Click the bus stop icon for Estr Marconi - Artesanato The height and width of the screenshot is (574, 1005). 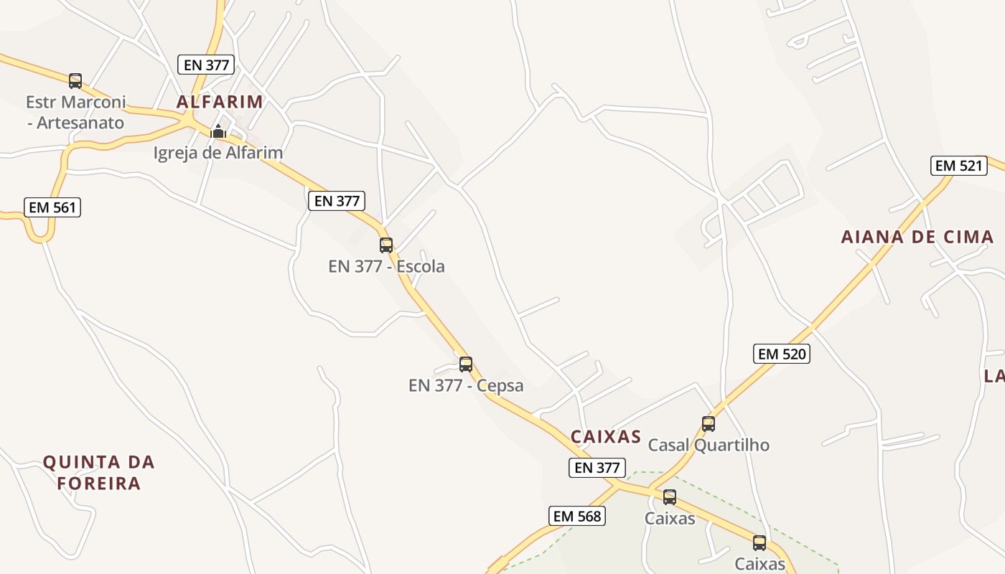(75, 81)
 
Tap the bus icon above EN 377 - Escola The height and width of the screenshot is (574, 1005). (386, 245)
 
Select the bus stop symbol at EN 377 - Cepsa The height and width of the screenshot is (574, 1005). (466, 364)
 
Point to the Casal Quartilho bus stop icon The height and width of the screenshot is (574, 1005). (709, 424)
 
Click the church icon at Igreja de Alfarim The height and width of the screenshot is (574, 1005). (218, 132)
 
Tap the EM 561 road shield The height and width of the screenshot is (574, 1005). (52, 208)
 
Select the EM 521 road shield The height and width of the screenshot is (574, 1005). (958, 166)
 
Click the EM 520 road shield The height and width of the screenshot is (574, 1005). (782, 354)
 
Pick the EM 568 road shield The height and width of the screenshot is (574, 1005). (578, 516)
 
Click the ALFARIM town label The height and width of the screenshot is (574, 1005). (220, 102)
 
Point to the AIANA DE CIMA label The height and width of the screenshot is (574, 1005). (917, 237)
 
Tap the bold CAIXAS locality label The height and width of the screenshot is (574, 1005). (606, 437)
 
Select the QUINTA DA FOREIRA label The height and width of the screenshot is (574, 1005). (99, 472)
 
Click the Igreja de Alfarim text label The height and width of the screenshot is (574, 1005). (218, 153)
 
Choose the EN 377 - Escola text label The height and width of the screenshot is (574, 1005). (386, 267)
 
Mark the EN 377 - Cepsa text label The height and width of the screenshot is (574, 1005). (466, 386)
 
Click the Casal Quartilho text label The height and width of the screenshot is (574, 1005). (709, 446)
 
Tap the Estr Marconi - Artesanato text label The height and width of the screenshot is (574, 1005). (75, 112)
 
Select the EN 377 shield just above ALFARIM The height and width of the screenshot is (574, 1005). (207, 65)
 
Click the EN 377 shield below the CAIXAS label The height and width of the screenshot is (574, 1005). (597, 468)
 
